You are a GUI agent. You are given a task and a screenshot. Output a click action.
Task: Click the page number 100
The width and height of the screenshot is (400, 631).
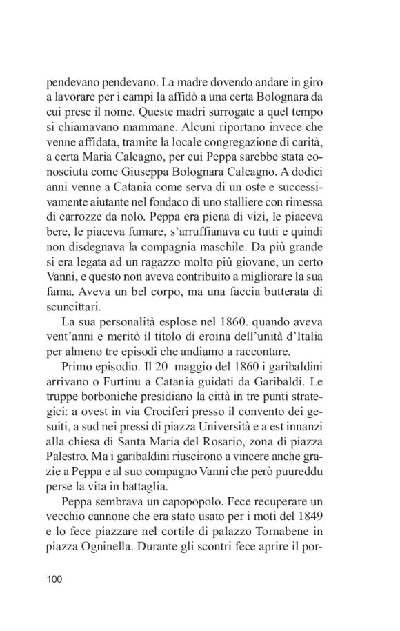tap(54, 579)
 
